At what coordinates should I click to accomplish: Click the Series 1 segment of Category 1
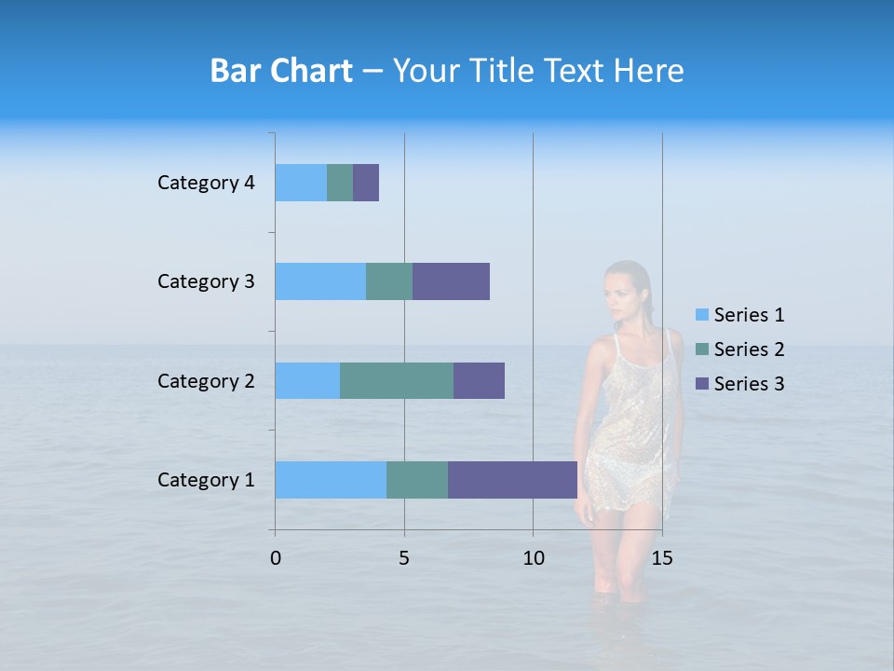pyautogui.click(x=331, y=480)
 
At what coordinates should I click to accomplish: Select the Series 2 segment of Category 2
pyautogui.click(x=397, y=380)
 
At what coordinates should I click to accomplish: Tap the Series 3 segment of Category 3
pyautogui.click(x=451, y=281)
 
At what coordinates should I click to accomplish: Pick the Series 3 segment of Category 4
pyautogui.click(x=366, y=183)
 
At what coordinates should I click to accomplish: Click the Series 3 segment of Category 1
pyautogui.click(x=512, y=480)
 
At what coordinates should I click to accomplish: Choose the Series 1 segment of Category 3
pyautogui.click(x=320, y=281)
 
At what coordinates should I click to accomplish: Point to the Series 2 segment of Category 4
pyautogui.click(x=340, y=183)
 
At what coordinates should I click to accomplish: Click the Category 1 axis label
pyautogui.click(x=206, y=480)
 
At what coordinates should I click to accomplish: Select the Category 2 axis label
pyautogui.click(x=206, y=380)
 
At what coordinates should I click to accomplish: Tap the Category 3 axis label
pyautogui.click(x=206, y=281)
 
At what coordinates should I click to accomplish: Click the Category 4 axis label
pyautogui.click(x=206, y=183)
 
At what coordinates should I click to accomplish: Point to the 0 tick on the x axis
pyautogui.click(x=276, y=558)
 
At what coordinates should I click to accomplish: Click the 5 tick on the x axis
pyautogui.click(x=404, y=558)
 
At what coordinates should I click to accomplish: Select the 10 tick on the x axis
pyautogui.click(x=533, y=558)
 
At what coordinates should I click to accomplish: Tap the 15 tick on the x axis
pyautogui.click(x=662, y=558)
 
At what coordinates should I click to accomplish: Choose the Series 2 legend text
pyautogui.click(x=749, y=349)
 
